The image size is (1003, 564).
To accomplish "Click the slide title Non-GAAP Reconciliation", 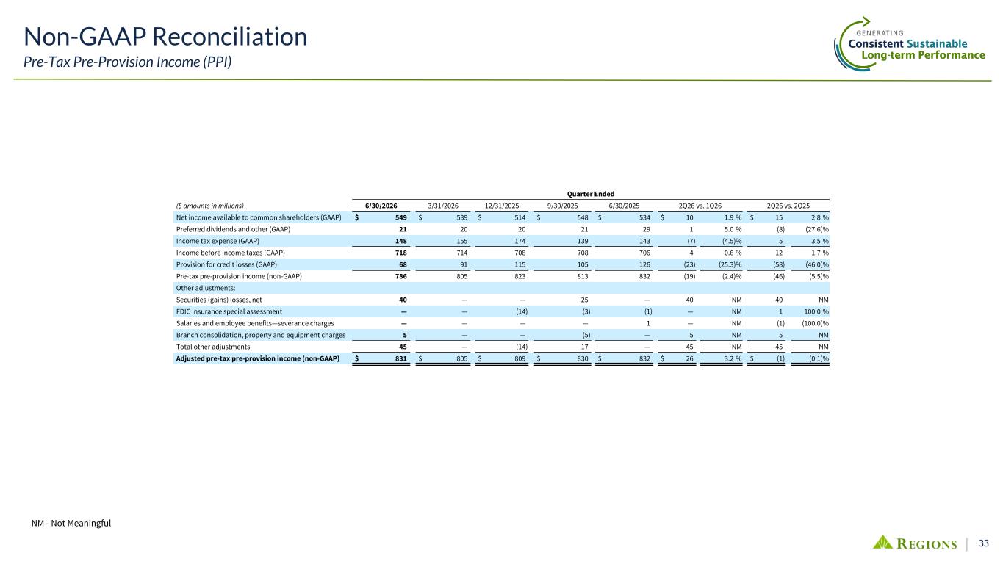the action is [165, 36].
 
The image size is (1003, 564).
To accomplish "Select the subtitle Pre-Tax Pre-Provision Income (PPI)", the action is [128, 62].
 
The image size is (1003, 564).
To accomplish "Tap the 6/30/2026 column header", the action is [381, 206].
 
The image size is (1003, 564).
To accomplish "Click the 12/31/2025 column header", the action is [502, 206].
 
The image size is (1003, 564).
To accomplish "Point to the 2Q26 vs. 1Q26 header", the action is [700, 206].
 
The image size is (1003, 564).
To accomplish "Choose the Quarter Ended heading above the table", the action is [591, 194].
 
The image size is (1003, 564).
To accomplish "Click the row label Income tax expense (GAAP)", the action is [218, 241].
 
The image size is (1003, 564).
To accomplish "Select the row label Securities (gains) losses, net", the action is [219, 300].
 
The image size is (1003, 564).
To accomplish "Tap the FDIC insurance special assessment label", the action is [229, 311].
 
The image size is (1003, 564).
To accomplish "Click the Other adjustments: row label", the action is [206, 288].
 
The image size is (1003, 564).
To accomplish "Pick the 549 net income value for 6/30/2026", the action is [400, 217].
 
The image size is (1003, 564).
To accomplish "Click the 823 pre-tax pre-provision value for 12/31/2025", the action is [520, 276].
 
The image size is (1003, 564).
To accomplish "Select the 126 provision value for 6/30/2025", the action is [644, 264].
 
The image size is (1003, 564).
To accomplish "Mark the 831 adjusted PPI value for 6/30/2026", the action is [400, 358].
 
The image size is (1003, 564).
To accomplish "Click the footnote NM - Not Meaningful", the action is [71, 523].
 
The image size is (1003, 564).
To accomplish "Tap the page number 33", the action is [984, 543].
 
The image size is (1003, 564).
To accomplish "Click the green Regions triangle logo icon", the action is [882, 542].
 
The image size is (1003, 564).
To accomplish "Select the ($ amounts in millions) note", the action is [209, 206].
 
